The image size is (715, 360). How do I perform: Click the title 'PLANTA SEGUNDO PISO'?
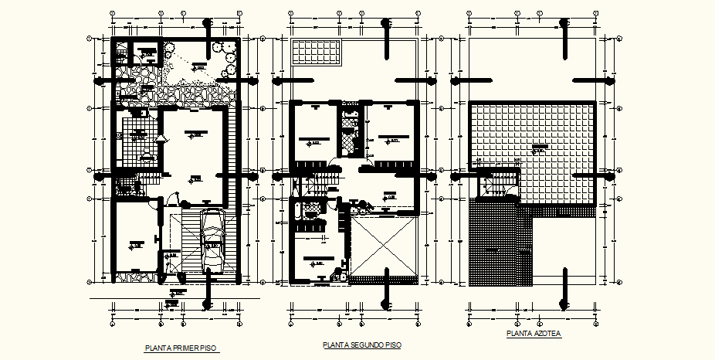coord(362,345)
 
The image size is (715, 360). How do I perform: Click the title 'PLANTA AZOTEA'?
coord(534,334)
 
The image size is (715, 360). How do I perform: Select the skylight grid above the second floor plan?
coord(317,53)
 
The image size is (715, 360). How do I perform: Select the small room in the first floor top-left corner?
coord(144,54)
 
